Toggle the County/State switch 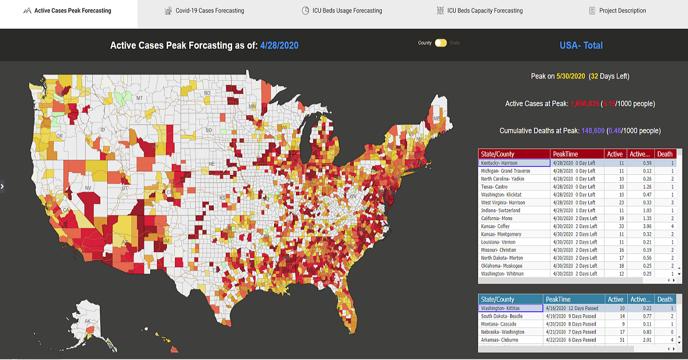click(x=440, y=43)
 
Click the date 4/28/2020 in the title click(x=279, y=46)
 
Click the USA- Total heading click(x=581, y=45)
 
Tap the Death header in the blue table click(x=665, y=299)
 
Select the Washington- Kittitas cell click(x=510, y=308)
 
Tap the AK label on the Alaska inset click(x=88, y=322)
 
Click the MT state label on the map click(x=139, y=98)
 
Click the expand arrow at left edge click(x=2, y=186)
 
